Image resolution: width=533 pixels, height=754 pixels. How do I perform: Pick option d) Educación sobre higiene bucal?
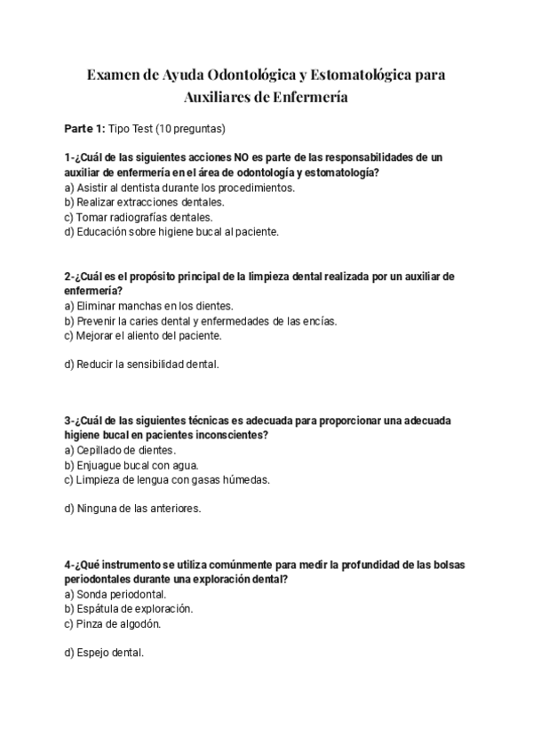[171, 231]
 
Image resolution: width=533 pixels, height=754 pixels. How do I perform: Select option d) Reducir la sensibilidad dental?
[141, 365]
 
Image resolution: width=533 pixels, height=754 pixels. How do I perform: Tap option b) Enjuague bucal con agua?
[131, 464]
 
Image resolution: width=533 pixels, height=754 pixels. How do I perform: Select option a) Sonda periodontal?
[115, 594]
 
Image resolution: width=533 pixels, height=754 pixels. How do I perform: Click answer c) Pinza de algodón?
[113, 623]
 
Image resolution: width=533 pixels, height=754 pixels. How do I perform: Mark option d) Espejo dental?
[104, 653]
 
